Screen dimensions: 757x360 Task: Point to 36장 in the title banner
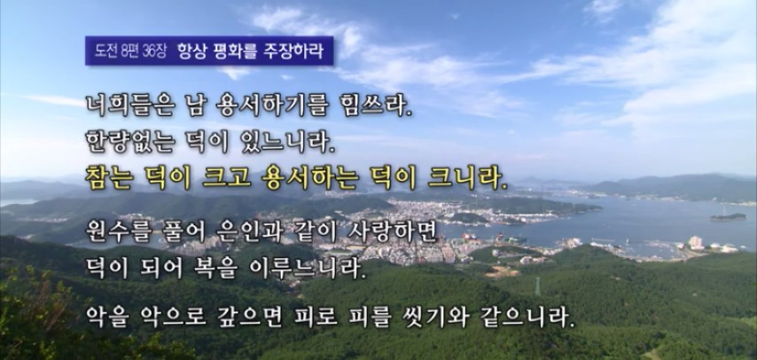[154, 51]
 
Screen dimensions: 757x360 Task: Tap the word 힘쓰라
[376, 106]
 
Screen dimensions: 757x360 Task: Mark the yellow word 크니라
[467, 178]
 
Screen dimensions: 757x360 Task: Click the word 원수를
[120, 232]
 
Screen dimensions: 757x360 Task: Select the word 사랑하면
[392, 232]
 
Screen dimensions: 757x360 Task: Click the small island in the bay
[728, 217]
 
